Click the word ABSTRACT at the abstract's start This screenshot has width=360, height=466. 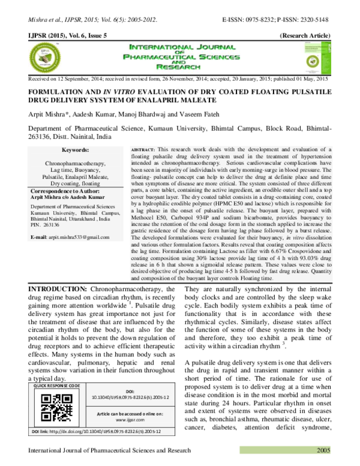point(142,148)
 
